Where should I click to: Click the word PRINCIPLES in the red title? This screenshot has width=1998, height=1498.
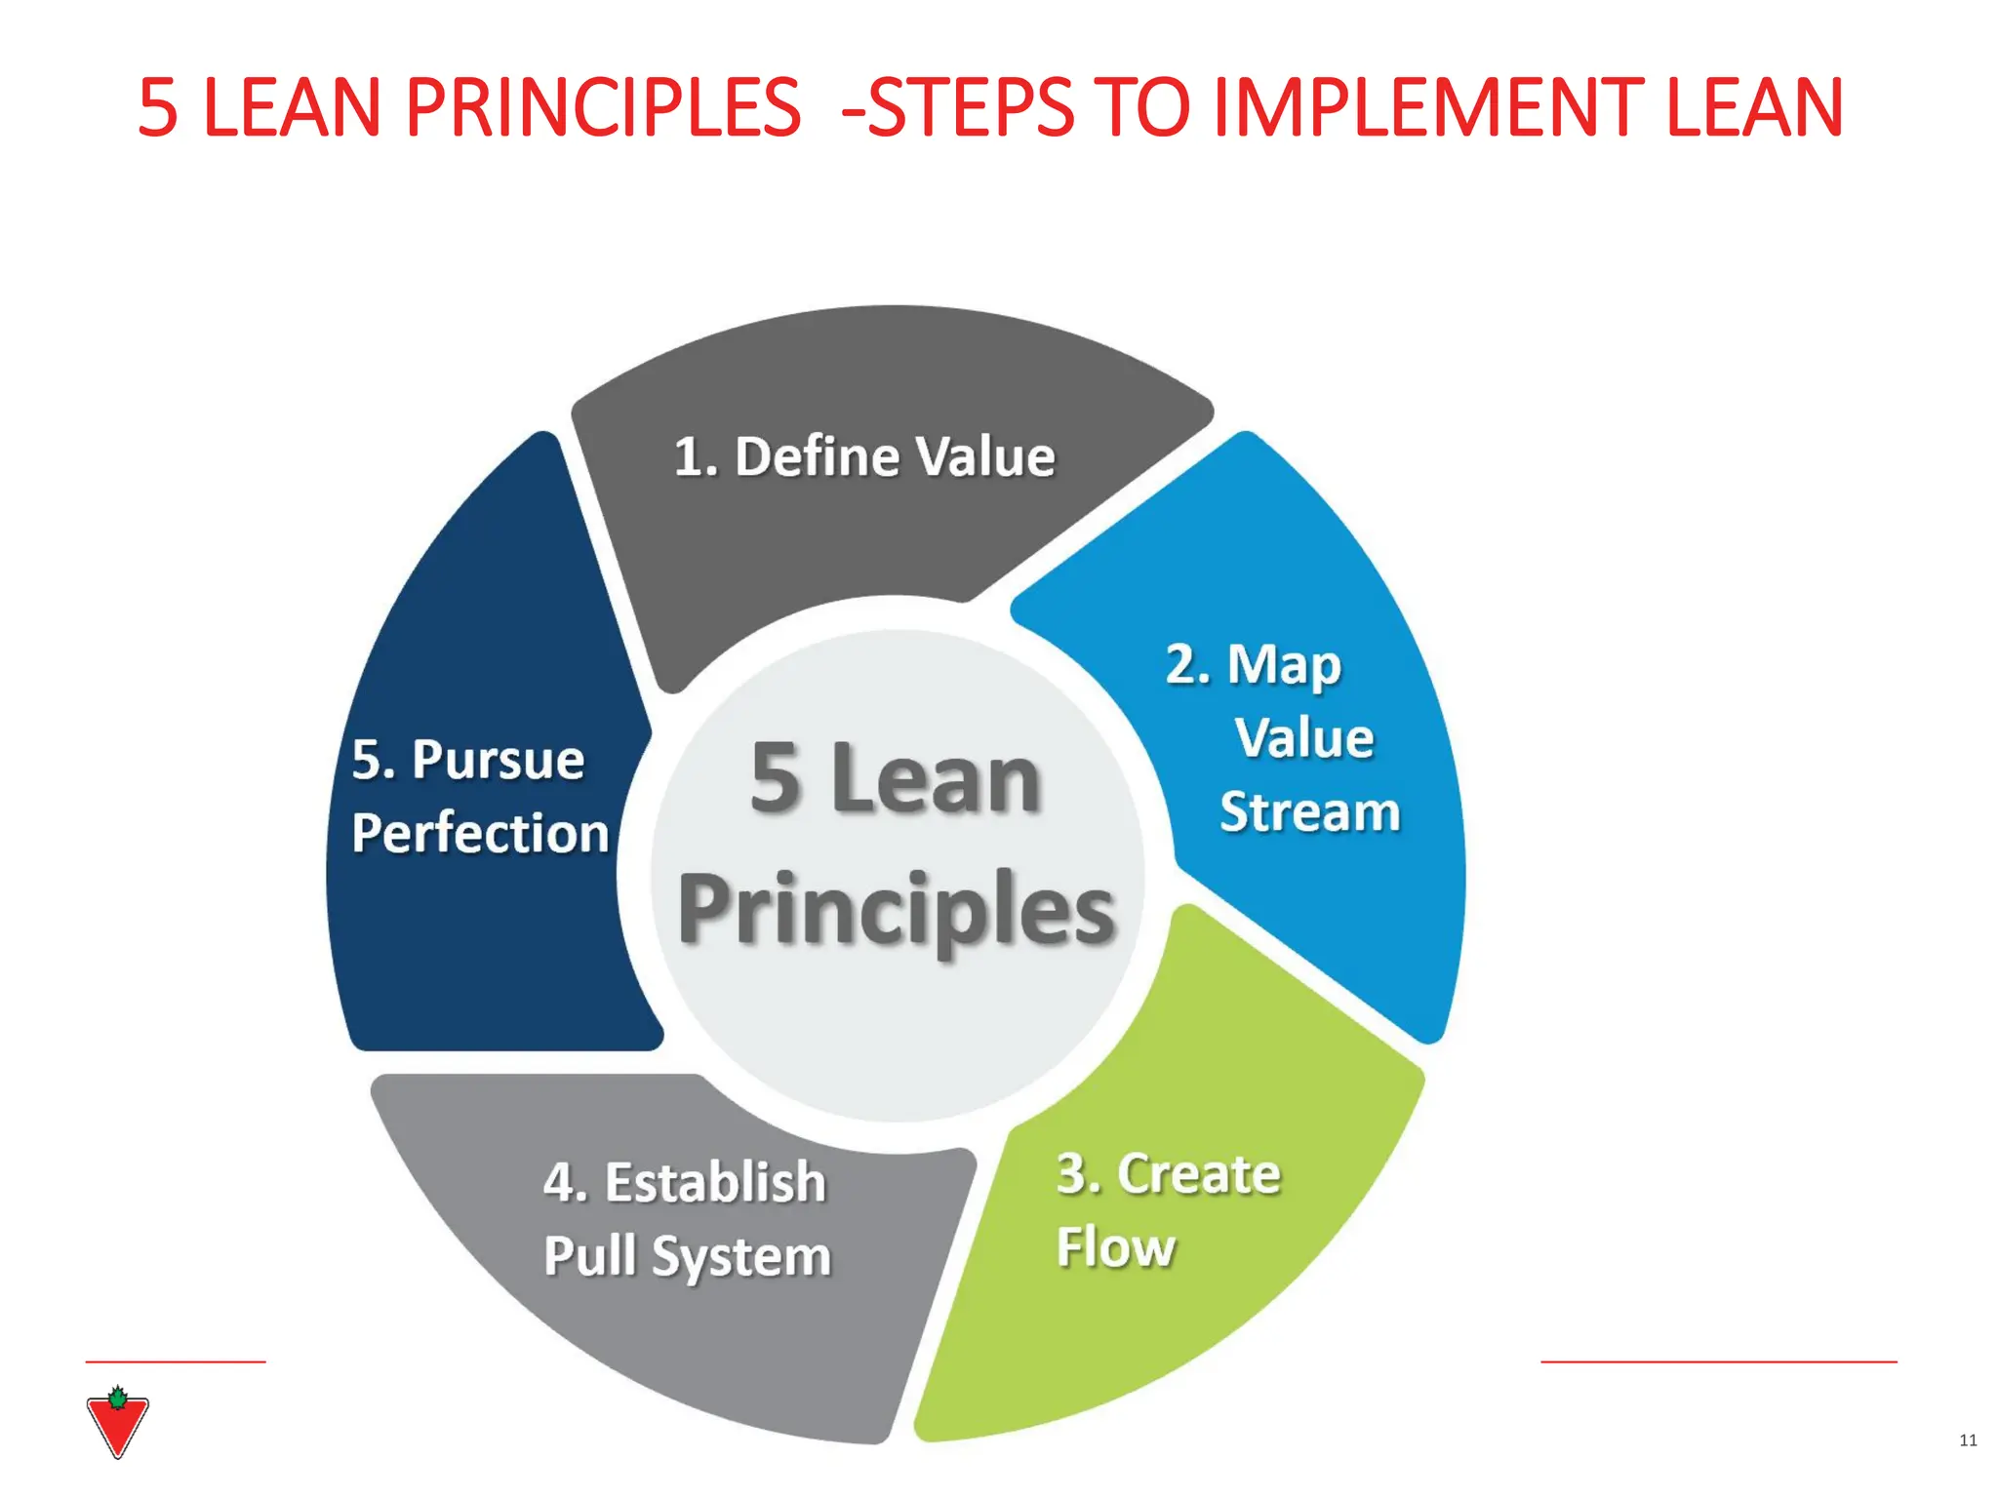point(603,107)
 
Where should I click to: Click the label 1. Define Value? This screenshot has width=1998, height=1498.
point(864,456)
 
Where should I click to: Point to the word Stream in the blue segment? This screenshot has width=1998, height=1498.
point(1309,811)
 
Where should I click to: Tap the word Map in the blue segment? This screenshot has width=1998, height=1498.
point(1284,666)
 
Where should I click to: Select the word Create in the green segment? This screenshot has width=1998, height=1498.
point(1198,1173)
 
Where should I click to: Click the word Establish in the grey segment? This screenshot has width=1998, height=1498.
point(715,1182)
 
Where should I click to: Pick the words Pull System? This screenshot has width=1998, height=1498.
point(687,1256)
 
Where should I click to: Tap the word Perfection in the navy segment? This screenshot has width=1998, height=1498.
point(480,833)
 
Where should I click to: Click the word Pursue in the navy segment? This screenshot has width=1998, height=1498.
point(498,760)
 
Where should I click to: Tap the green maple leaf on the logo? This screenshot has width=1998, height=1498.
point(117,1399)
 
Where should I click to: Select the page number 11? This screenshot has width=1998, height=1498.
point(1968,1440)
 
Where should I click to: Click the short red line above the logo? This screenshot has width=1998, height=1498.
point(176,1361)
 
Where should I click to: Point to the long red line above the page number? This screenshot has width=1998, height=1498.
point(1718,1361)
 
